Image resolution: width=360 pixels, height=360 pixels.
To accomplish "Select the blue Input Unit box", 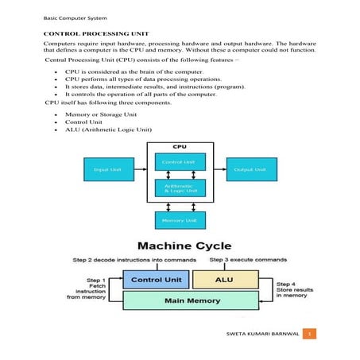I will (x=108, y=169).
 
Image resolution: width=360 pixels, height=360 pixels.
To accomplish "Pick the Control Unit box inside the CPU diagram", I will (x=180, y=161).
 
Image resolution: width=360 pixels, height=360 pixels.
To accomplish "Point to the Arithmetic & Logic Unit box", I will (x=180, y=188).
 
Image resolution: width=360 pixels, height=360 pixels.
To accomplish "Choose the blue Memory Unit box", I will (x=180, y=219).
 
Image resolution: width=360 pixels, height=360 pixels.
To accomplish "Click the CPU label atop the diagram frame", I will (x=180, y=147).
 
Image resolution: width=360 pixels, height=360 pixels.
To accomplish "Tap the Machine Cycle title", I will (x=180, y=245).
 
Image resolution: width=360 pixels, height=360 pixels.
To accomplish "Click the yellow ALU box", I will (x=226, y=280).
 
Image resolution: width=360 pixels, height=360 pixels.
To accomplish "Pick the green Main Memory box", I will (x=191, y=301).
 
